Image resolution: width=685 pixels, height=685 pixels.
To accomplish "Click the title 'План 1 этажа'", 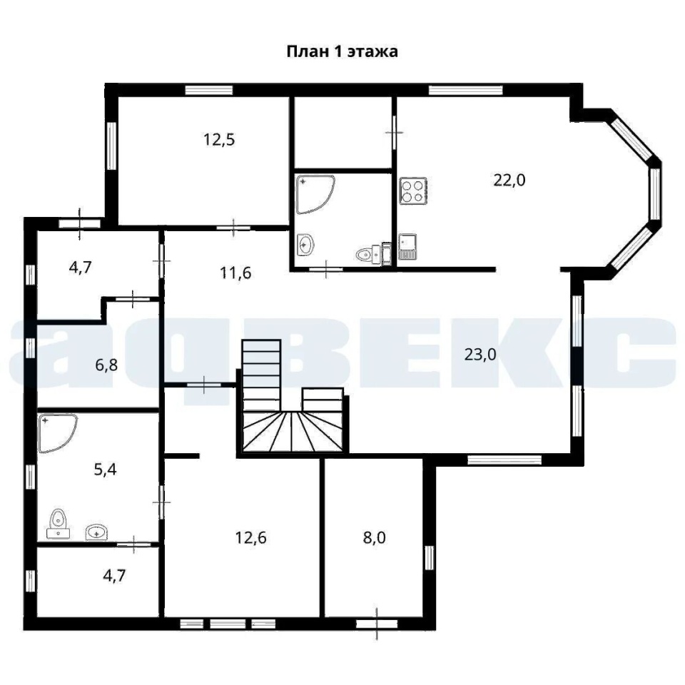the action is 342,51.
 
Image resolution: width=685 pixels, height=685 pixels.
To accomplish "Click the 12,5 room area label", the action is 219,140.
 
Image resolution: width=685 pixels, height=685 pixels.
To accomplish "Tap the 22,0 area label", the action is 509,180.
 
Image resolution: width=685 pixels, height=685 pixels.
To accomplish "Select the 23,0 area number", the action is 480,355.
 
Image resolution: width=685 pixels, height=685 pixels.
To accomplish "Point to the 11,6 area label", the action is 235,273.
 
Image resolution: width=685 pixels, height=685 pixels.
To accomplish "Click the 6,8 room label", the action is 106,365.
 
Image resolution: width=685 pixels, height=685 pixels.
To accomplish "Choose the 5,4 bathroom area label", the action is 106,470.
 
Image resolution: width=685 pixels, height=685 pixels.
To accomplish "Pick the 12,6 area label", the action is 250,538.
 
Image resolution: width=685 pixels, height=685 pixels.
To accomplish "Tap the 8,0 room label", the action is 375,538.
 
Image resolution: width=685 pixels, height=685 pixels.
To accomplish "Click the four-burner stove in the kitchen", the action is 413,191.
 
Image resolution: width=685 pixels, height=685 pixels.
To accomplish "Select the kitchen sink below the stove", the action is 407,247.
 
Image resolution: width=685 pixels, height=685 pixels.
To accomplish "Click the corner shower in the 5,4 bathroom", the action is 58,433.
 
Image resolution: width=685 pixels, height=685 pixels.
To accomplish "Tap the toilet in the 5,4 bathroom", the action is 58,524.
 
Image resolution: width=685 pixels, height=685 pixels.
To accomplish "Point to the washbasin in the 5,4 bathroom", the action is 96,532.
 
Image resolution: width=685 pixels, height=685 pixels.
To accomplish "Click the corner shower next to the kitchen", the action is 315,194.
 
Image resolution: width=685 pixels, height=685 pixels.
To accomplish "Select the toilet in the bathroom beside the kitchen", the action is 370,254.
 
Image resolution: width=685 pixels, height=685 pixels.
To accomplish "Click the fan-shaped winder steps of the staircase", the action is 293,431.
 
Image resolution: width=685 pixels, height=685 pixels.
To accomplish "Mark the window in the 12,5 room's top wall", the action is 209,90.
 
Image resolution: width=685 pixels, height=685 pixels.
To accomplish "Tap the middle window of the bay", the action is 655,193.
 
